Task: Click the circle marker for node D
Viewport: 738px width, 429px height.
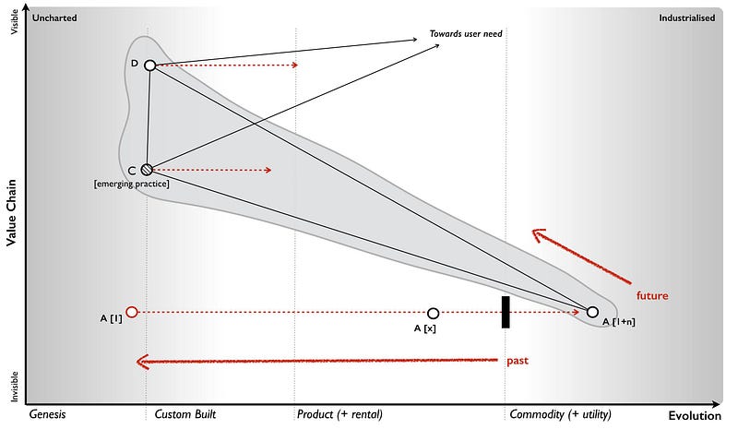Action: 149,66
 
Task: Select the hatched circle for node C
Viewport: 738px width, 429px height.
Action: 147,170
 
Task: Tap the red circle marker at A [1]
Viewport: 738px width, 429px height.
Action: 131,312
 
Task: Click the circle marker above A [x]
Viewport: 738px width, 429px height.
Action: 434,314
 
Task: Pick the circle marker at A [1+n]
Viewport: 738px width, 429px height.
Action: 592,313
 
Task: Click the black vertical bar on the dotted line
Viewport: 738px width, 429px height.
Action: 506,312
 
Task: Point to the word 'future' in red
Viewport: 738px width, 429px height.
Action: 652,296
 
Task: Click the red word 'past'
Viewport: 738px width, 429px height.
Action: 518,360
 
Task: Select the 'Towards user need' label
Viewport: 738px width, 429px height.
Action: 466,34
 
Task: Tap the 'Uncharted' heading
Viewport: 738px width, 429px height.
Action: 54,18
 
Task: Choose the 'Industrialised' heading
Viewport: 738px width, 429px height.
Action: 686,18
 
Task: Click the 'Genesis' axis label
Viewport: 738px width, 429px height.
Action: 48,414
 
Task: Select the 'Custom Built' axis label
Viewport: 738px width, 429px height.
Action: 185,414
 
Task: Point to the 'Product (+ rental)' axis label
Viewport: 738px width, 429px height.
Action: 339,414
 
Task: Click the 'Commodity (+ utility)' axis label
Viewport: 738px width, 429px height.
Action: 560,414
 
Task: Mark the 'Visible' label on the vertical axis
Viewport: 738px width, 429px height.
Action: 13,20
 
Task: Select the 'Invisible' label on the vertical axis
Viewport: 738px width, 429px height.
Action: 13,387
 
